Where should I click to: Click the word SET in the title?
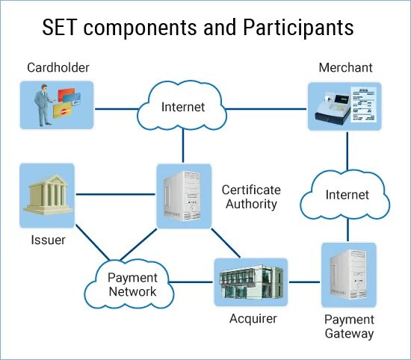pyautogui.click(x=59, y=27)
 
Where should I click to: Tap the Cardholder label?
pyautogui.click(x=58, y=68)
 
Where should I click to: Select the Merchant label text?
pyautogui.click(x=345, y=68)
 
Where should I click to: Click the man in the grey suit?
pyautogui.click(x=43, y=105)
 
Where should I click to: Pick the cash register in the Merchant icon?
pyautogui.click(x=333, y=109)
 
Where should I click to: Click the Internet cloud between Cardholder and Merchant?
pyautogui.click(x=182, y=105)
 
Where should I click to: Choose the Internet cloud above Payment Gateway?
pyautogui.click(x=345, y=195)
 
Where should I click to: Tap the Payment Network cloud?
pyautogui.click(x=129, y=284)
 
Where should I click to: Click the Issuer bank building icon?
pyautogui.click(x=47, y=195)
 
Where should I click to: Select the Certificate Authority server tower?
pyautogui.click(x=182, y=196)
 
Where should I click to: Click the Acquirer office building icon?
pyautogui.click(x=251, y=282)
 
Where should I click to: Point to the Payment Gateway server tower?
pyautogui.click(x=349, y=275)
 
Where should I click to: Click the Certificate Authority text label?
pyautogui.click(x=251, y=196)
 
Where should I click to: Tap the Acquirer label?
pyautogui.click(x=253, y=319)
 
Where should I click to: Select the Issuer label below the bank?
pyautogui.click(x=48, y=240)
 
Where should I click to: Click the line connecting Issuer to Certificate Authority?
pyautogui.click(x=116, y=194)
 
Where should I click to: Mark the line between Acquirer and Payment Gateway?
pyautogui.click(x=304, y=282)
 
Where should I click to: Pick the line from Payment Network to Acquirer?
pyautogui.click(x=191, y=282)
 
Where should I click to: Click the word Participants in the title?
pyautogui.click(x=298, y=28)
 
